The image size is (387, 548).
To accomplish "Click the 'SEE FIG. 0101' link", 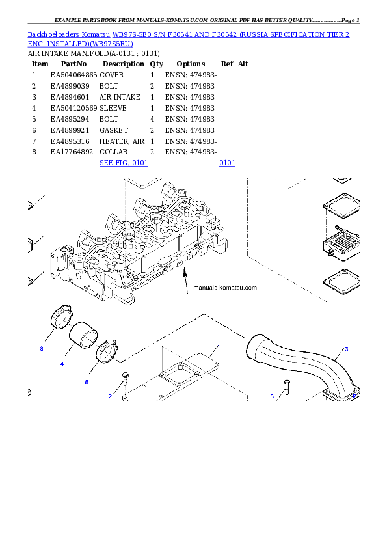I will tap(124, 162).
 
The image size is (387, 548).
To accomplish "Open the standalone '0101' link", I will tap(227, 162).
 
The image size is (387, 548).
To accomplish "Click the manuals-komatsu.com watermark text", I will tap(225, 288).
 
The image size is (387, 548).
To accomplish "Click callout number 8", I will tap(42, 349).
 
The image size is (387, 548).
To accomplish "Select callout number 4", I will tap(62, 363).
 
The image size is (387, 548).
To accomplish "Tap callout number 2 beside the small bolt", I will tap(110, 396).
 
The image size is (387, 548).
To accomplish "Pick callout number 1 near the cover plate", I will tap(218, 346).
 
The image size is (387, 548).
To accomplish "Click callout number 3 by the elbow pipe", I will tap(346, 349).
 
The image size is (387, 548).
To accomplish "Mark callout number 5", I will tap(272, 396).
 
